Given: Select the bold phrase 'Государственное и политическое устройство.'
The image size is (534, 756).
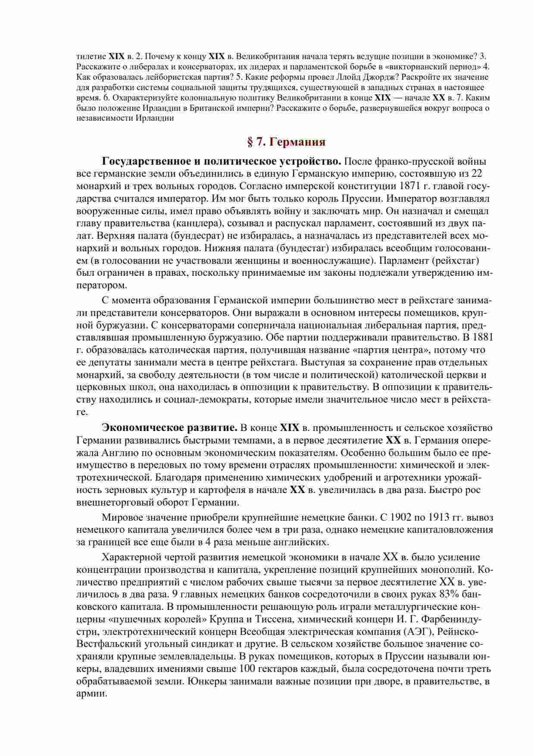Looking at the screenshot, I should pos(222,162).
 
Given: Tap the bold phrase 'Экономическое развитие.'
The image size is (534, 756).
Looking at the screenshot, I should pos(170,428).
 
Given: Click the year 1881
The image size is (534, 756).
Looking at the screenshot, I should pos(483,337).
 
